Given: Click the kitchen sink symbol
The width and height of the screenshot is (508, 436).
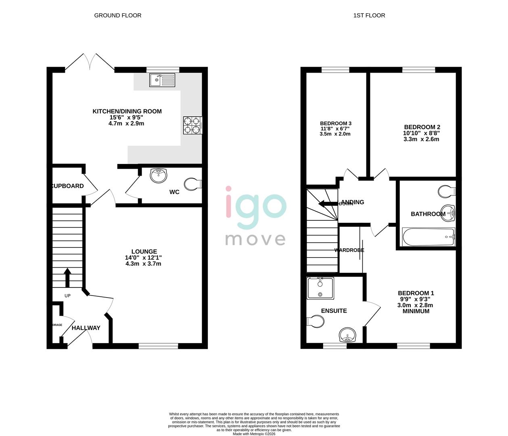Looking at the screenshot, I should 162,80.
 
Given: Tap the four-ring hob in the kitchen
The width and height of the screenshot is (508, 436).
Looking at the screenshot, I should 192,125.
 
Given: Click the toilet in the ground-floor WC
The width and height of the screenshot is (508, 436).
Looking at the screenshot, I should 192,184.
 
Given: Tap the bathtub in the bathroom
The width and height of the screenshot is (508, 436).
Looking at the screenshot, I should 428,237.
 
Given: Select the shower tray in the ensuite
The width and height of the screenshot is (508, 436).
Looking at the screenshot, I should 320,288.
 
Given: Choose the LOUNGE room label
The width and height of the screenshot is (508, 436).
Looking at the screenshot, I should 144,252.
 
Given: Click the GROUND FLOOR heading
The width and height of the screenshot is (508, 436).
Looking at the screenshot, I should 118,15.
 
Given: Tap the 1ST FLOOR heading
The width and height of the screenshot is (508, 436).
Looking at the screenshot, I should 369,15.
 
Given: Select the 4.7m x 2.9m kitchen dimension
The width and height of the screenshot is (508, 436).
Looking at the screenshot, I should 126,124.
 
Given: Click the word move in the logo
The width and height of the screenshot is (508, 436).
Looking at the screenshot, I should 255,239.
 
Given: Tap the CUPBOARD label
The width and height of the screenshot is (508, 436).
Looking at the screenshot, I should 68,186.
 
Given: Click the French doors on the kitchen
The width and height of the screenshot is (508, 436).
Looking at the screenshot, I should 90,63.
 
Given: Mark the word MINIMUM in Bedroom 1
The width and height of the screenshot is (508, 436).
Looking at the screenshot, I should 416,311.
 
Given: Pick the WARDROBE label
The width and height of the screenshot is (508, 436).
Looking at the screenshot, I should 349,250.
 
